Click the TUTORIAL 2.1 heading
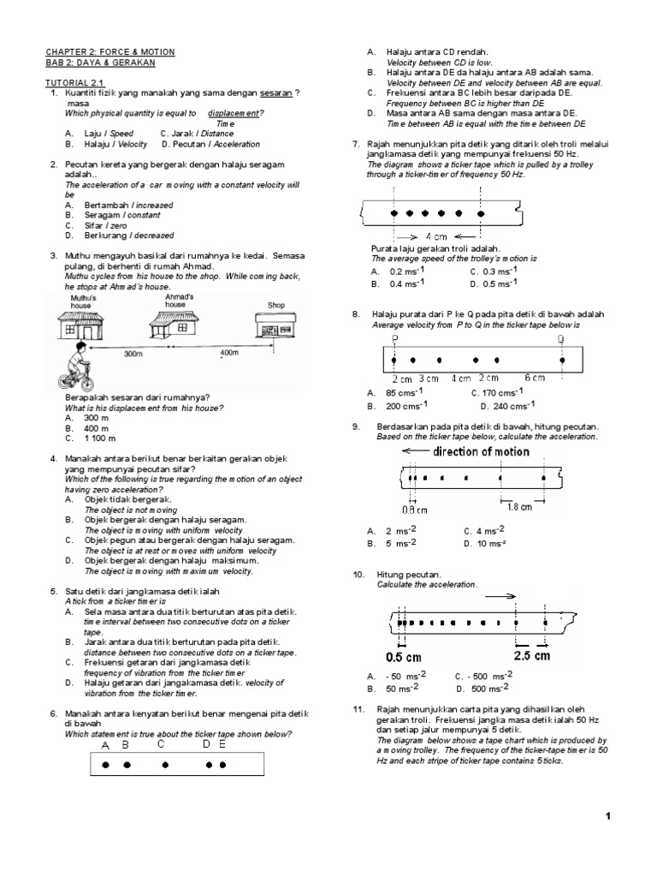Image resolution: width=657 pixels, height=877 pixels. (x=72, y=81)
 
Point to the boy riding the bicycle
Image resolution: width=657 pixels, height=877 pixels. (x=74, y=373)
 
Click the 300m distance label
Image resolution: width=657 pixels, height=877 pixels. (x=133, y=353)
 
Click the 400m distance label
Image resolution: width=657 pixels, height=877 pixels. (x=229, y=353)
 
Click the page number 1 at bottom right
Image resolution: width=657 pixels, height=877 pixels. (x=607, y=817)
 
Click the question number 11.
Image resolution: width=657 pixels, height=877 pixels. (x=358, y=710)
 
